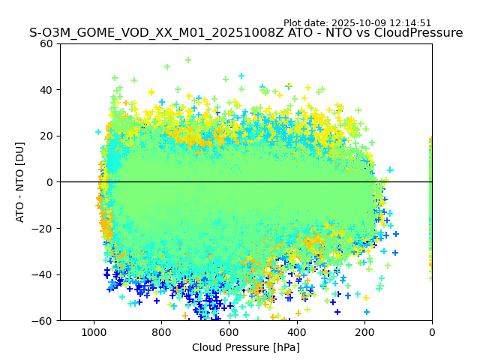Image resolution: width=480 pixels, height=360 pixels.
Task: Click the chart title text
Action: tap(246, 33)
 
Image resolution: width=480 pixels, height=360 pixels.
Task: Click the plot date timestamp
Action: tap(357, 23)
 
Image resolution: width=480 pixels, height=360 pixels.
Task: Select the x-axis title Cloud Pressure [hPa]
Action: tap(246, 347)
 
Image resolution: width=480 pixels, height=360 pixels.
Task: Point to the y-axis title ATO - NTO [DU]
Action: tap(20, 182)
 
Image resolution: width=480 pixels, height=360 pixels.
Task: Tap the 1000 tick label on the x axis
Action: tap(94, 331)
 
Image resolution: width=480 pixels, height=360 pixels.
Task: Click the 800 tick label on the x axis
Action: tap(161, 331)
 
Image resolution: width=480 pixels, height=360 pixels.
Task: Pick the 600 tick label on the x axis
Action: tap(229, 331)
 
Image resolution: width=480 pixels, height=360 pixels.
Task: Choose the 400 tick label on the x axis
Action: tap(297, 331)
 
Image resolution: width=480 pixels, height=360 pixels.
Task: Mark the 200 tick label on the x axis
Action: tap(364, 331)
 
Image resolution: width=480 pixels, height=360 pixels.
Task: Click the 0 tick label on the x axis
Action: tap(432, 331)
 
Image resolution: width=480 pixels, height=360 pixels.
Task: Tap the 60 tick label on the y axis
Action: tap(47, 43)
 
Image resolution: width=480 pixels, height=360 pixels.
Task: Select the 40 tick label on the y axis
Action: tap(47, 90)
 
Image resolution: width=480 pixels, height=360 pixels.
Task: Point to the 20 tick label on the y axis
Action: tap(47, 136)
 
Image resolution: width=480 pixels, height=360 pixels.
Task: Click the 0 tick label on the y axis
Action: tap(50, 182)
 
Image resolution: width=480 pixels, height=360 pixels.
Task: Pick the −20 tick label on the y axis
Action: tap(44, 228)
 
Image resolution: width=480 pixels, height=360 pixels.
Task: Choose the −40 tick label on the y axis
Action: tap(44, 274)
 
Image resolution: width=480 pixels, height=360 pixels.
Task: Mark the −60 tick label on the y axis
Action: tap(44, 320)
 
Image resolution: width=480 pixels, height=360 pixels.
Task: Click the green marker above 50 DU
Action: tap(188, 60)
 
